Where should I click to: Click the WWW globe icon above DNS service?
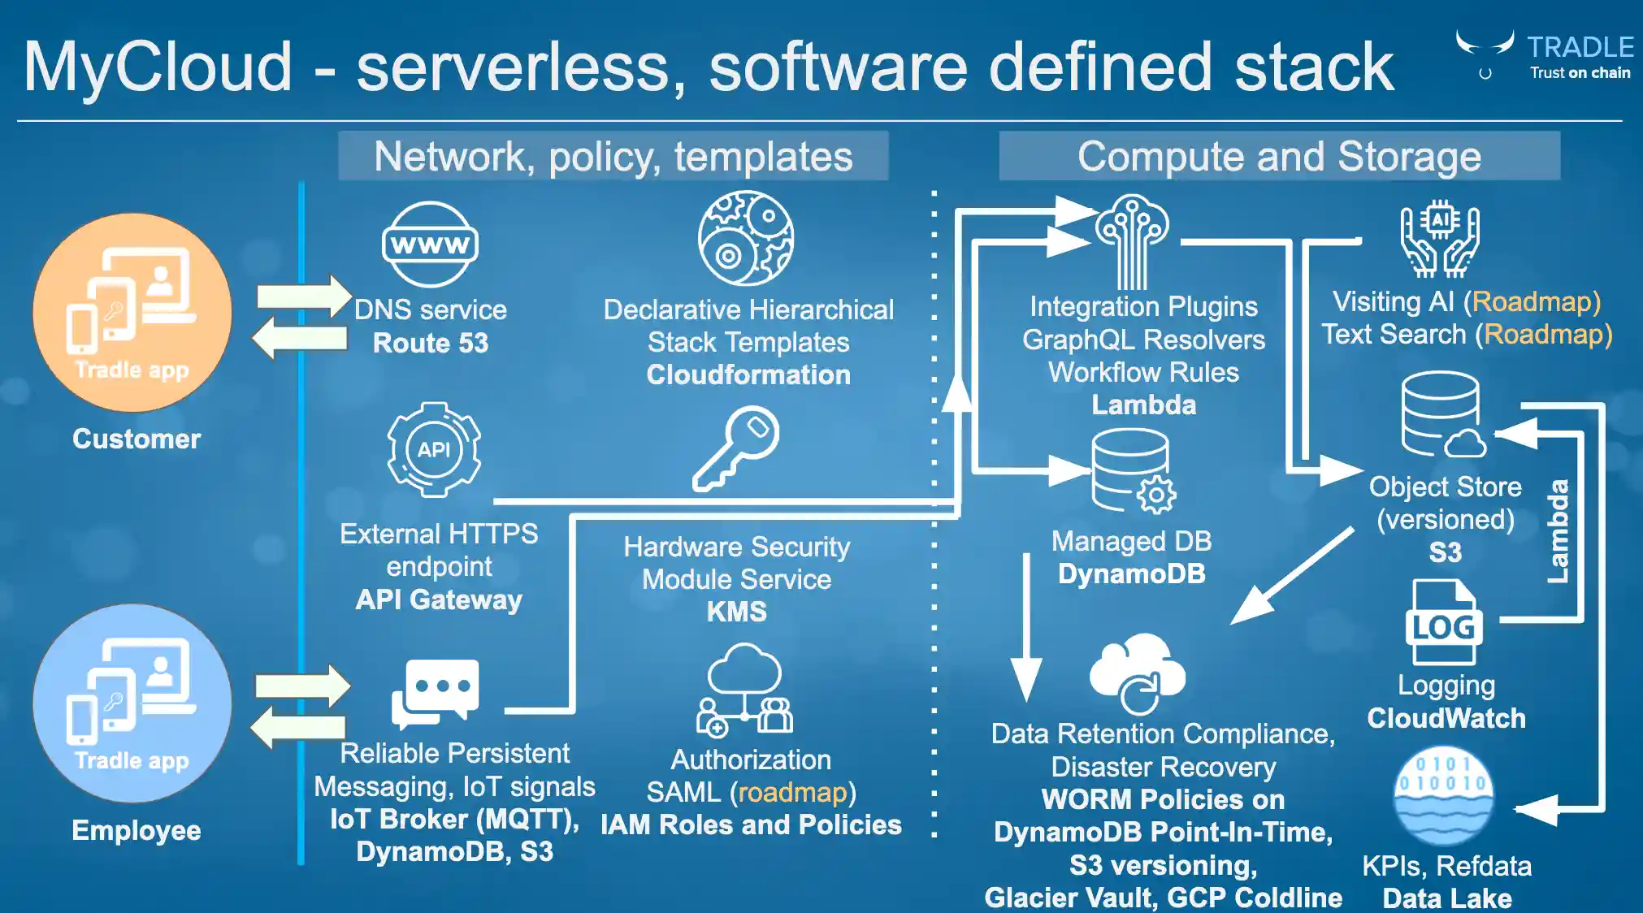click(430, 244)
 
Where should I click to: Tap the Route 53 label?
click(431, 343)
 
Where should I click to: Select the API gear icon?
click(434, 449)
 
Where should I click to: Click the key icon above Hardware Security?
click(736, 448)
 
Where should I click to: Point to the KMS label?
click(736, 611)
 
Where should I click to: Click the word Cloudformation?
click(748, 374)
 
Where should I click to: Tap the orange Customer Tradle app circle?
click(132, 313)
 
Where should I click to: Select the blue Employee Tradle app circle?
click(132, 703)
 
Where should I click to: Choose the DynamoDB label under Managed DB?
click(1131, 573)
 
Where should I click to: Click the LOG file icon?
click(1443, 623)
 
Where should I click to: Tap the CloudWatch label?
click(1446, 718)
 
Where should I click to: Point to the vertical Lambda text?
click(1557, 531)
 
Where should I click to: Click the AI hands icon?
click(1439, 240)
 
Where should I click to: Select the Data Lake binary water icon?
click(1443, 797)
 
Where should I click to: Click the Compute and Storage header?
click(1279, 156)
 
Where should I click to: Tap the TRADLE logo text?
click(1580, 47)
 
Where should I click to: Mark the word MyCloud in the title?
click(158, 67)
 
